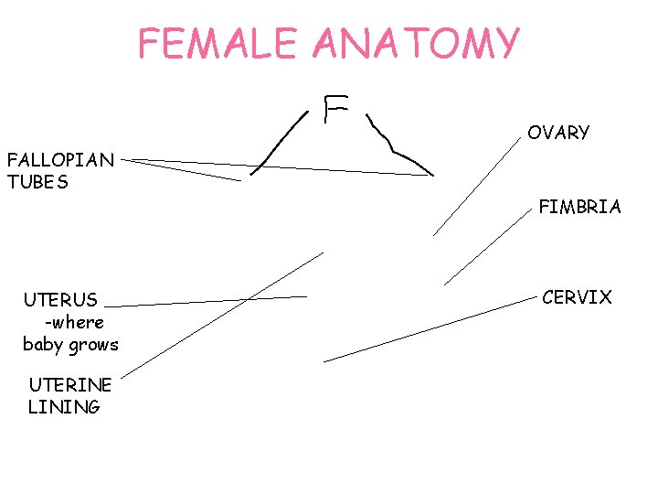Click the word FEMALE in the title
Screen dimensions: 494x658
coord(216,43)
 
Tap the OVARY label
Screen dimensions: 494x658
coord(558,134)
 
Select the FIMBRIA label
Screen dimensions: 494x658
coord(579,208)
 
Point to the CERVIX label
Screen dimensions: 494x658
coord(577,297)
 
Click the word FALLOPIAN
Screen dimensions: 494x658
coord(60,161)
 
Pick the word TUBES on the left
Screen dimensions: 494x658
coord(37,182)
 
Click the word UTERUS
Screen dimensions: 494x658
coord(60,300)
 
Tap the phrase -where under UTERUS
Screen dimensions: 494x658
coord(73,322)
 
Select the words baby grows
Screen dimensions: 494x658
coord(70,345)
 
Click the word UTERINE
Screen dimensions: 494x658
coord(69,385)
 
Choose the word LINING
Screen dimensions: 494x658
coord(64,407)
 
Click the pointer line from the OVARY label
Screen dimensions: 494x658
coord(475,188)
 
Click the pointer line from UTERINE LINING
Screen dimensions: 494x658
coord(222,314)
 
